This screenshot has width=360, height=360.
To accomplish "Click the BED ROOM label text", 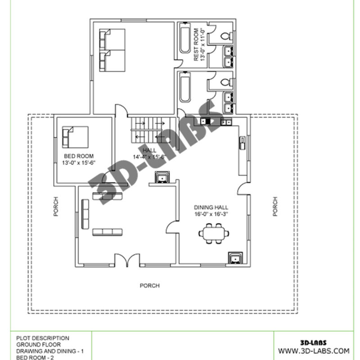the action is coord(79,156).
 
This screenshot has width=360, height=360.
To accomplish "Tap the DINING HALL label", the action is coord(211,207).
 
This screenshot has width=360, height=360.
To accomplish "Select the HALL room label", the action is coord(149,150).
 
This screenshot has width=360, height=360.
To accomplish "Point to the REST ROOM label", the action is coord(196,45).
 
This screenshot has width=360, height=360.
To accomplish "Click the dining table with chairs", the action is coord(214,234).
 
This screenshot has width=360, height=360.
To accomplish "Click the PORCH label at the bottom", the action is coord(150,286).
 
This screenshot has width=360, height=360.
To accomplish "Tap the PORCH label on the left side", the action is coord(56,207).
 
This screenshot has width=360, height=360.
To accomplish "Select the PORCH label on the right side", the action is coord(275,207).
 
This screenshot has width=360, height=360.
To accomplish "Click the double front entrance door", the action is coord(127,260).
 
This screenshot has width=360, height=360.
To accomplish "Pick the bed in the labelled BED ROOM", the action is coord(75,137).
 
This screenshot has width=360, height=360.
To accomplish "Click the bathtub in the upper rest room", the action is coord(185,38).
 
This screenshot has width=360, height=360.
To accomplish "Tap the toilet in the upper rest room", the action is coord(227,36).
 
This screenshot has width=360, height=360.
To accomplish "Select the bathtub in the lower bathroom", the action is coord(185,87).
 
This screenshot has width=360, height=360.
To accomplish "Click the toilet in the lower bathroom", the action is coord(227,82).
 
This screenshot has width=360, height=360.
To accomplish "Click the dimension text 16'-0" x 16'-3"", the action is coord(211,214).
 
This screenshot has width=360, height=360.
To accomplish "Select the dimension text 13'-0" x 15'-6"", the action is coord(79,163).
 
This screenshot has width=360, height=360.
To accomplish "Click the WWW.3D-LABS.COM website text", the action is coord(314,351).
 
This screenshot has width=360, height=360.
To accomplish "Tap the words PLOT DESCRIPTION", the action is coord(43,338).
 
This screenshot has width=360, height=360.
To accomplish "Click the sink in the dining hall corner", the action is coord(235,258).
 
